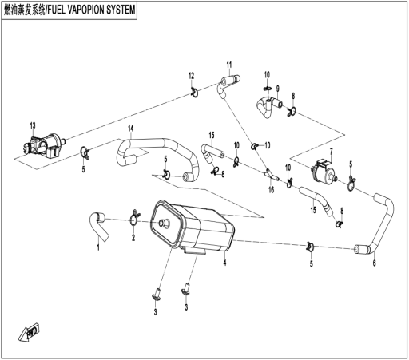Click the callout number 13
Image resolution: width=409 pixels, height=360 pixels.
tap(33, 125)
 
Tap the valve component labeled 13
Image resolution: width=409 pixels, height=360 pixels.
tap(43, 147)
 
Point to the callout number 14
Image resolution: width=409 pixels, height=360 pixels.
tap(130, 129)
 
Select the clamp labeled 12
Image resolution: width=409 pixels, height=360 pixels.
tap(195, 92)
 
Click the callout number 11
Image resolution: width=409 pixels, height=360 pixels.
tap(229, 65)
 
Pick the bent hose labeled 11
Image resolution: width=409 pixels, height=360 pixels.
tap(227, 85)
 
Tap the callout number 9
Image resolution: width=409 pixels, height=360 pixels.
tap(278, 89)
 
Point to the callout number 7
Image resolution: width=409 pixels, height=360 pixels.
tap(332, 152)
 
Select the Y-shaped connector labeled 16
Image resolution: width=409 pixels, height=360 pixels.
tap(271, 174)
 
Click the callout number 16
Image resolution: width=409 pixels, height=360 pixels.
tap(271, 190)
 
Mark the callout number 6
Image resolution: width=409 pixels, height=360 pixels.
tap(374, 263)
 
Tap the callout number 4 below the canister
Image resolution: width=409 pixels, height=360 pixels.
tap(225, 263)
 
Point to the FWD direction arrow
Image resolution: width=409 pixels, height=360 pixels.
tap(30, 332)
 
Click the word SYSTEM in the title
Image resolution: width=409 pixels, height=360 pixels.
tap(121, 10)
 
